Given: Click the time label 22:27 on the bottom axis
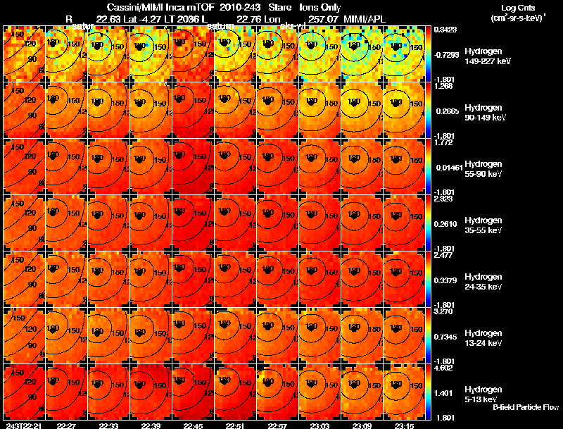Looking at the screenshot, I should click(x=66, y=425).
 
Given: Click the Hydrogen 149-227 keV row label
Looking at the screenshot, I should click(x=487, y=56).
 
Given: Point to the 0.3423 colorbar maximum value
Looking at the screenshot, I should click(x=444, y=30).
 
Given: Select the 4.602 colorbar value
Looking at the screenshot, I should click(x=444, y=368).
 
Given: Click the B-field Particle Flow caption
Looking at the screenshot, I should click(x=525, y=407).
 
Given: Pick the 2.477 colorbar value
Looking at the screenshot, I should click(x=444, y=255).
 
